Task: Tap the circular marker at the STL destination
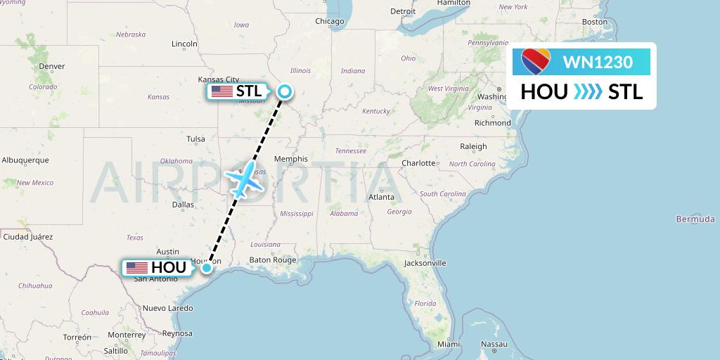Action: pyautogui.click(x=285, y=91)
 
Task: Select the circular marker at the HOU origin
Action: pyautogui.click(x=207, y=267)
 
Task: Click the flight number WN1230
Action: pyautogui.click(x=598, y=62)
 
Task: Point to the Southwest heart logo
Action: pyautogui.click(x=536, y=61)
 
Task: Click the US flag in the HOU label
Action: pyautogui.click(x=137, y=268)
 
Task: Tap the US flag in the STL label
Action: pyautogui.click(x=222, y=91)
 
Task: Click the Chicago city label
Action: pyautogui.click(x=329, y=21)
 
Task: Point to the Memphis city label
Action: pyautogui.click(x=290, y=159)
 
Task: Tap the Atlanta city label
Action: pyautogui.click(x=381, y=197)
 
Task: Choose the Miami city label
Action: pyautogui.click(x=449, y=344)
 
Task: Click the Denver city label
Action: pyautogui.click(x=52, y=66)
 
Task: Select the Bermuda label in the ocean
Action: pyautogui.click(x=695, y=219)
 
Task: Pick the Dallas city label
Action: pyautogui.click(x=183, y=205)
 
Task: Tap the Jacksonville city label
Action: pyautogui.click(x=425, y=263)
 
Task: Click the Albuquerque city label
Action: pyautogui.click(x=25, y=160)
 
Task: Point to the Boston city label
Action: pyautogui.click(x=594, y=22)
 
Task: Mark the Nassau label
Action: pyautogui.click(x=494, y=344)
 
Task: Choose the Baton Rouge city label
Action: pyautogui.click(x=274, y=259)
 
